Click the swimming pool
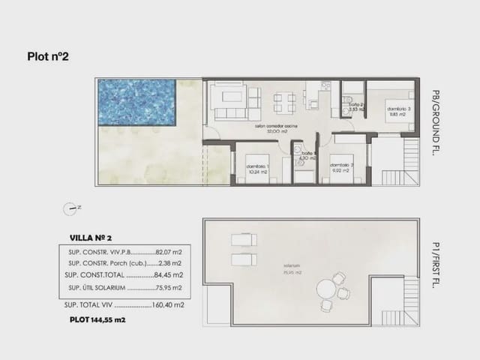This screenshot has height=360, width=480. (135, 103)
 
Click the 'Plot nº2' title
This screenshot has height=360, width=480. (48, 55)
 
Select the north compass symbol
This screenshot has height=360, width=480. (72, 207)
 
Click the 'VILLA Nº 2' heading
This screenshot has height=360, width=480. (91, 237)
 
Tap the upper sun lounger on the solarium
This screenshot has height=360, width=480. (244, 241)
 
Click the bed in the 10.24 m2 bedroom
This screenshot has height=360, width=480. (259, 163)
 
